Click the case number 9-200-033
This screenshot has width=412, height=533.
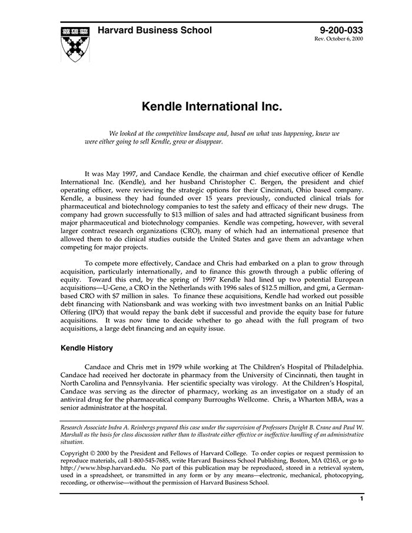[x=341, y=30]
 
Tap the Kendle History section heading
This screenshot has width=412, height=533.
[x=87, y=348]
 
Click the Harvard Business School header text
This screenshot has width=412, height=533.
[x=154, y=30]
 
